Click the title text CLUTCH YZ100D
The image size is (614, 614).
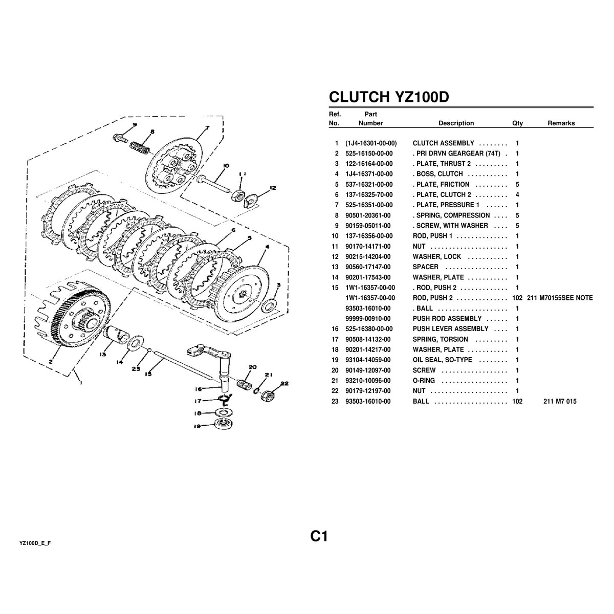(389, 97)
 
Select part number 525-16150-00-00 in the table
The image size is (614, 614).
(369, 153)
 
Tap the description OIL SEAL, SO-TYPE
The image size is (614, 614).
(442, 360)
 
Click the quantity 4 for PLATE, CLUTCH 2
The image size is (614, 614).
(517, 194)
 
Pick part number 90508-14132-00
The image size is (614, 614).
(368, 339)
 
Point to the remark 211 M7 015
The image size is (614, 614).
(560, 401)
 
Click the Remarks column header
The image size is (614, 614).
(561, 123)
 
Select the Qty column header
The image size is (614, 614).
(517, 123)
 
